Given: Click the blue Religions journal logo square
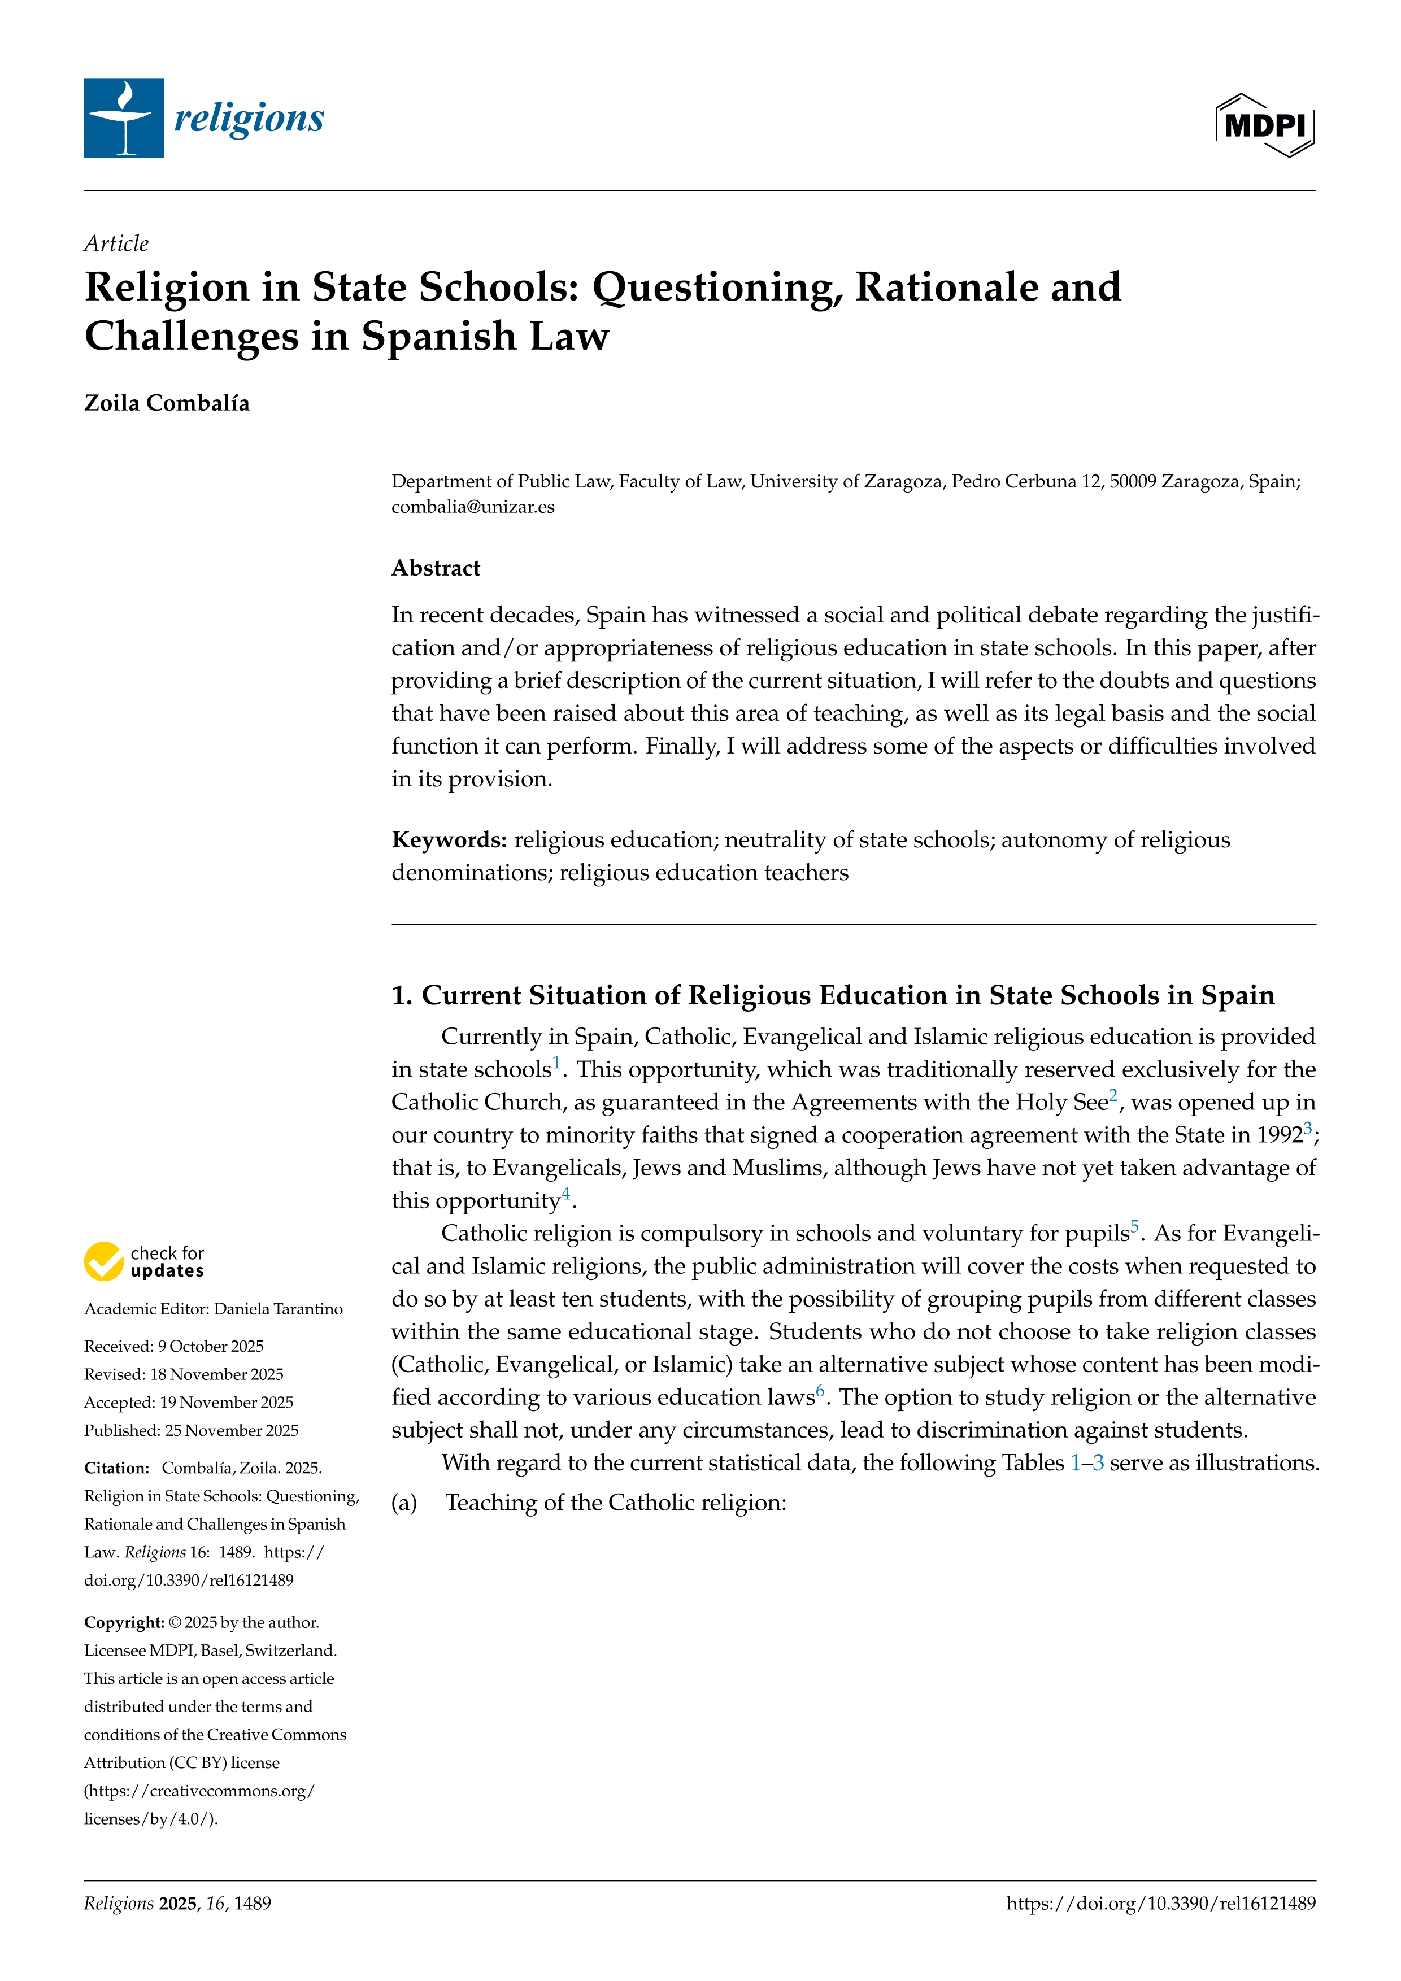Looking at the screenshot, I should click(123, 118).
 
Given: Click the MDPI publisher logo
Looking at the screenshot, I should click(1265, 125).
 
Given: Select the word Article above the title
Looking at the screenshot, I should click(116, 244).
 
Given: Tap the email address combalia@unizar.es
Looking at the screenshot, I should click(473, 507).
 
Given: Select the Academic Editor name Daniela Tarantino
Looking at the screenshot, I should click(278, 1309).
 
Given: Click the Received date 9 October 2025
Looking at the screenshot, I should click(211, 1346).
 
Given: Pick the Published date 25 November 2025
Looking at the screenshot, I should click(231, 1430).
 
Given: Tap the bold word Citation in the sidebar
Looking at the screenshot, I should click(116, 1468).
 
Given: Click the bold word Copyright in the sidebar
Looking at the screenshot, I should click(123, 1622).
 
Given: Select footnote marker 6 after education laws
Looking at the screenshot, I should click(820, 1391).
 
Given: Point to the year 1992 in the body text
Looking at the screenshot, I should click(1278, 1135).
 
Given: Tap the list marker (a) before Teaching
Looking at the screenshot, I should click(404, 1503).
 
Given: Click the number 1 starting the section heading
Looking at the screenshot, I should click(401, 996).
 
